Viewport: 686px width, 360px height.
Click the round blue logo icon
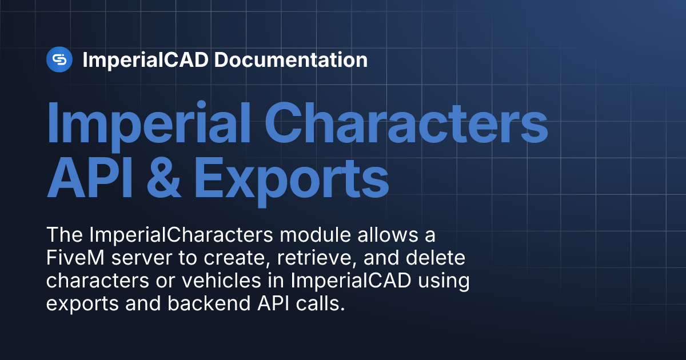(59, 59)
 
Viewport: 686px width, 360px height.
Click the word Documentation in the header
(290, 59)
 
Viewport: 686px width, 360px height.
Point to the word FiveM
(75, 258)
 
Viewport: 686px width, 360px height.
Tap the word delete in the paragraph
(437, 258)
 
